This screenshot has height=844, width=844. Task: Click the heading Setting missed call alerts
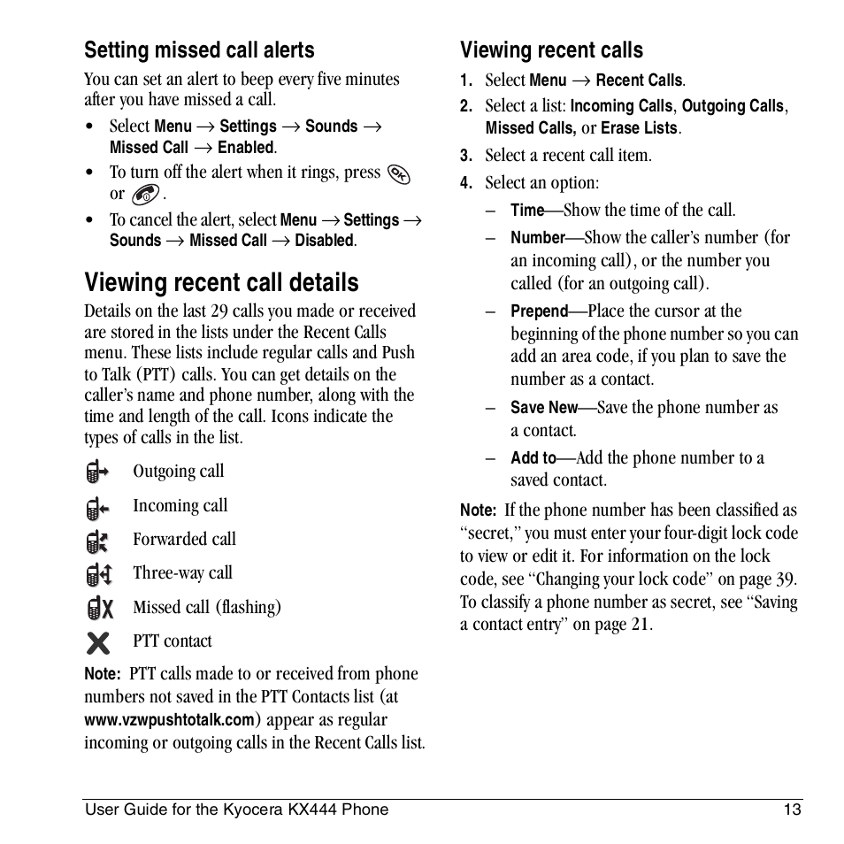point(199,50)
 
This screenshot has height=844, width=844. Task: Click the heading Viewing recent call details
point(221,282)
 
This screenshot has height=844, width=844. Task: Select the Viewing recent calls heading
point(551,50)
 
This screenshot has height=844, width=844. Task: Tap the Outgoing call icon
point(97,472)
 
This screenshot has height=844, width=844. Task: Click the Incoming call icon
point(97,507)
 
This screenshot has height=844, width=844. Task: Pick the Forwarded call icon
point(97,541)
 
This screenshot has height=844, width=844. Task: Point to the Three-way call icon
point(98,575)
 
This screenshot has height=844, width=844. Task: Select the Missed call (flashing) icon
point(100,608)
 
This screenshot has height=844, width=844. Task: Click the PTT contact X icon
point(98,642)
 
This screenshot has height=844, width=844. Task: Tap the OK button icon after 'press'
point(399,173)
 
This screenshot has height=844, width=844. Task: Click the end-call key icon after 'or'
point(144,195)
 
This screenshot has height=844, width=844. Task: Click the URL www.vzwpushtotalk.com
point(169,720)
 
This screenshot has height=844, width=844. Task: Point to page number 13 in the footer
point(792,809)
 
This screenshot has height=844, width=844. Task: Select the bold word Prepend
point(539,311)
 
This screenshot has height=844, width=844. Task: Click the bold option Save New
point(543,408)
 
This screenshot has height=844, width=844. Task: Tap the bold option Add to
point(533,458)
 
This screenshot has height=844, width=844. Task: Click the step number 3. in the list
point(467,157)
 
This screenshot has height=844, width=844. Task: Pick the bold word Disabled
point(324,241)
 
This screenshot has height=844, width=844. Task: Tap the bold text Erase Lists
point(639,128)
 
